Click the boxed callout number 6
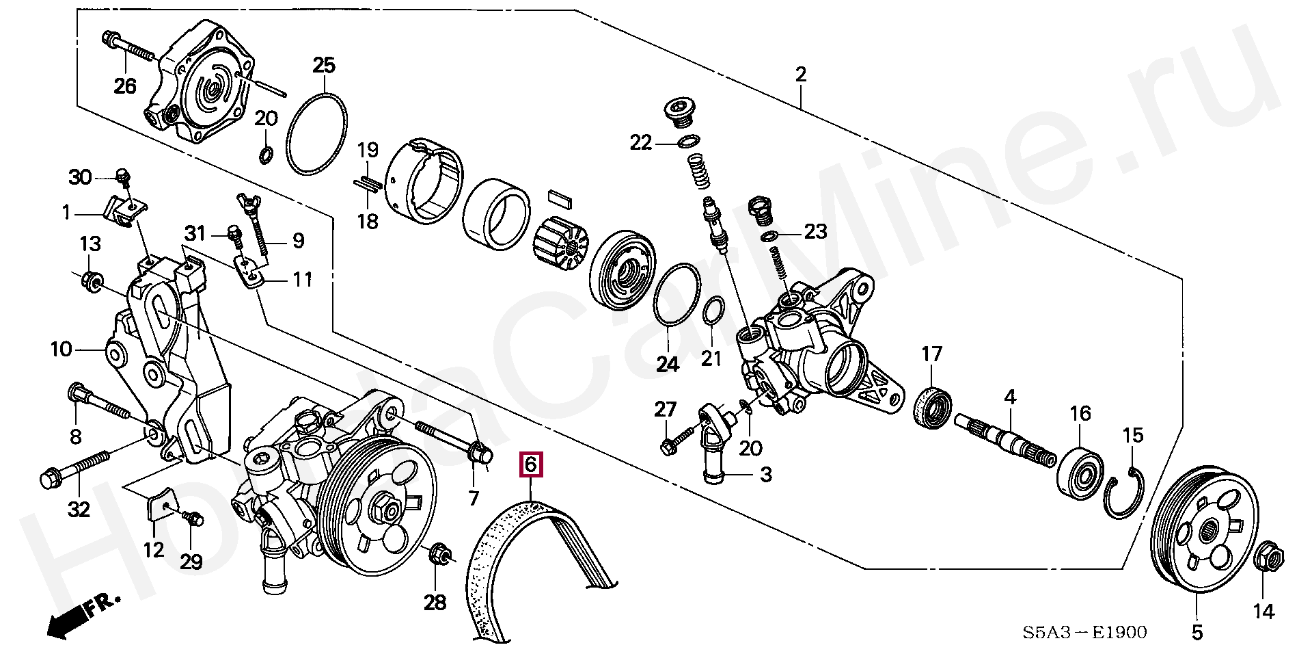tap(531, 465)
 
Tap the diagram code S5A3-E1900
tap(1084, 632)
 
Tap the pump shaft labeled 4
tap(1004, 441)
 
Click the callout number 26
tap(124, 86)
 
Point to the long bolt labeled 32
tap(75, 467)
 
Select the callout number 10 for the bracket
tap(60, 350)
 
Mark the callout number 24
tap(668, 364)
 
